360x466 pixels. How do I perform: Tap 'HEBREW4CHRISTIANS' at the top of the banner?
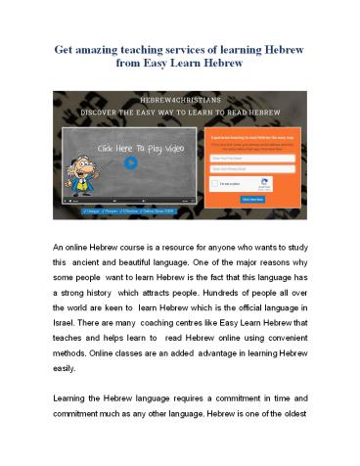click(x=181, y=98)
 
